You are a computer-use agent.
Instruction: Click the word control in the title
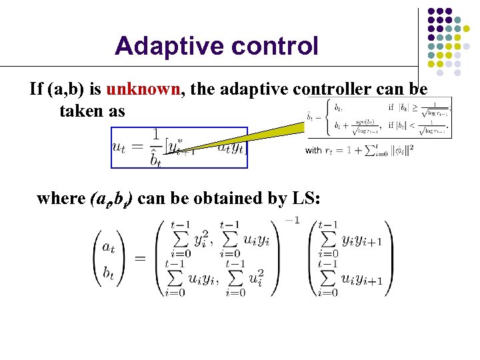coord(273,46)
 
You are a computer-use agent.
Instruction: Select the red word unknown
coord(143,89)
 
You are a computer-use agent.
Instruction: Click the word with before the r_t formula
coord(313,151)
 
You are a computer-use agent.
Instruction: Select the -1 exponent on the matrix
coord(292,221)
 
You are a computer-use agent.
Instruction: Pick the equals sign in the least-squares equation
coord(141,259)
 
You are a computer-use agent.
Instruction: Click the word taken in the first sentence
coord(81,111)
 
